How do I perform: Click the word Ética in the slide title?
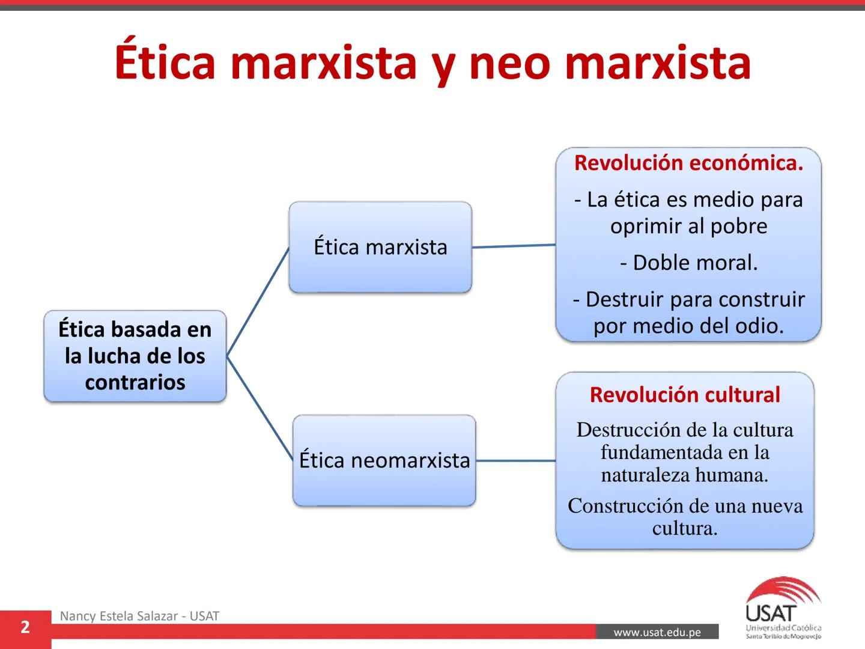click(165, 62)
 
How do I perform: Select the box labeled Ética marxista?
click(380, 247)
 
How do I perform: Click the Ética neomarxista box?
click(384, 460)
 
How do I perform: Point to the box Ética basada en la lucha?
click(135, 356)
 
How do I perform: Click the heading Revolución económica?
click(688, 163)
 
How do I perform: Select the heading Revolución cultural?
click(685, 395)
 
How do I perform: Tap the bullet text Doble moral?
click(689, 263)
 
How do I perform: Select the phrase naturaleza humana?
click(685, 475)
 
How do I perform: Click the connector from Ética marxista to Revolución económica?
click(514, 246)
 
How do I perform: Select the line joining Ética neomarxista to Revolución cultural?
click(515, 461)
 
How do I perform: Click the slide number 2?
click(25, 627)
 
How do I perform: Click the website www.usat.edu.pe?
click(657, 632)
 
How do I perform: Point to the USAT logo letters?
click(770, 614)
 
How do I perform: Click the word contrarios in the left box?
click(135, 382)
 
